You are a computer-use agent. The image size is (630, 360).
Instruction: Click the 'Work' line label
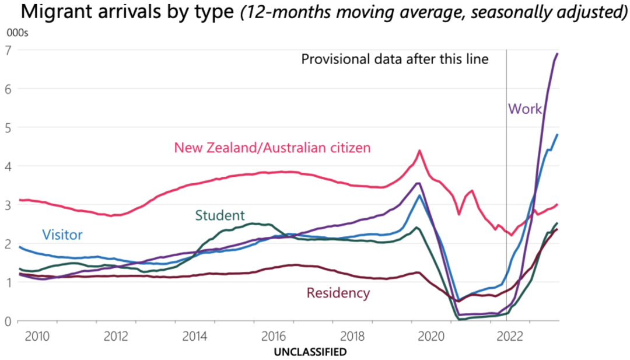point(526,109)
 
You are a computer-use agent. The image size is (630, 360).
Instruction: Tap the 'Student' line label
point(220,215)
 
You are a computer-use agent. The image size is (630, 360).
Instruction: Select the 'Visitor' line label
point(62,235)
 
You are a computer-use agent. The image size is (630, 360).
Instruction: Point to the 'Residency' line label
point(338,293)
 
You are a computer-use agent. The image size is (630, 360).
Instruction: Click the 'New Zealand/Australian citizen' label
point(272,148)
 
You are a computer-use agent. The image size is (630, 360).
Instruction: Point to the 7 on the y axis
point(9,50)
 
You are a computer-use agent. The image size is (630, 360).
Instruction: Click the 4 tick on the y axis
point(9,166)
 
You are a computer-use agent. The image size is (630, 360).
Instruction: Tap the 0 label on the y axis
point(9,321)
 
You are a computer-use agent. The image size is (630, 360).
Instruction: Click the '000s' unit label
point(17,33)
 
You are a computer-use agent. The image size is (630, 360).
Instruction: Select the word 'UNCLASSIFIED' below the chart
point(310,352)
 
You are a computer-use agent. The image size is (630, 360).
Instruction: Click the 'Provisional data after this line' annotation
point(394,59)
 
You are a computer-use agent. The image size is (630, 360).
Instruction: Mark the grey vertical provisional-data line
point(506,175)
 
